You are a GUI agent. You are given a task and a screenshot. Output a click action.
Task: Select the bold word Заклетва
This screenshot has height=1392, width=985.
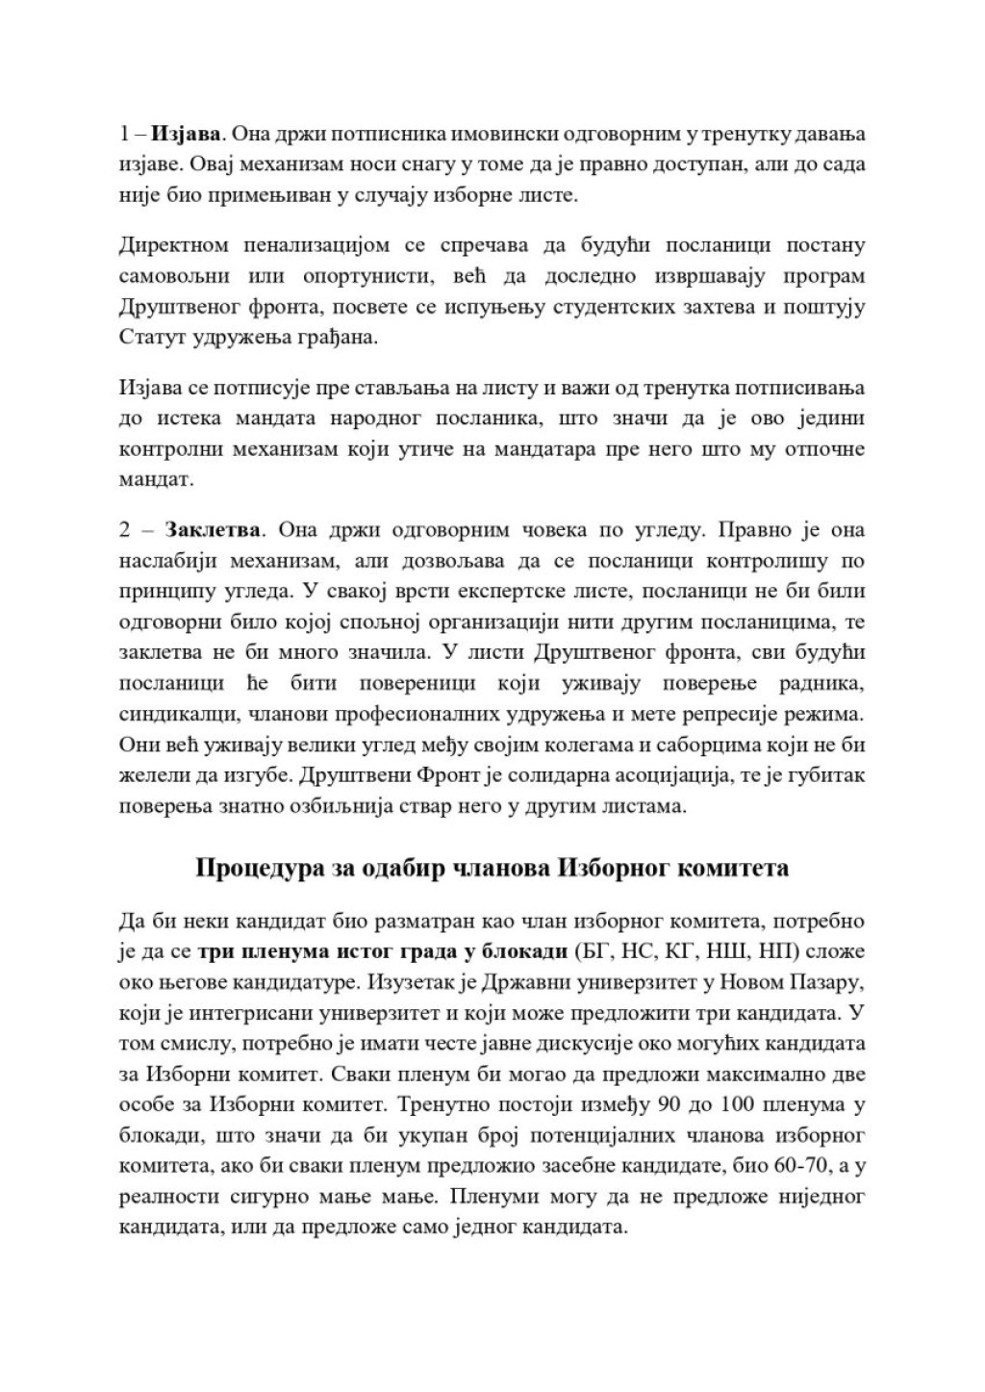pyautogui.click(x=213, y=530)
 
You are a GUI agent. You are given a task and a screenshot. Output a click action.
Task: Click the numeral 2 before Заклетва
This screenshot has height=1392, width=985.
pyautogui.click(x=125, y=530)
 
